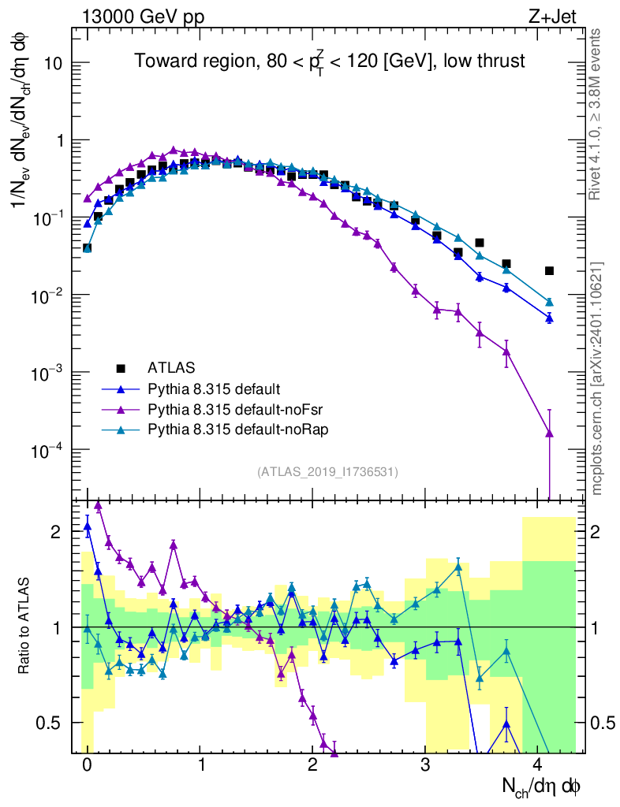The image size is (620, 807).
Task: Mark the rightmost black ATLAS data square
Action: click(550, 271)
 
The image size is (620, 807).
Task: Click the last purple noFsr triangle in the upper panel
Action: click(550, 433)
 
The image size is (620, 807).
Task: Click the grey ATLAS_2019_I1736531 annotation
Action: click(327, 472)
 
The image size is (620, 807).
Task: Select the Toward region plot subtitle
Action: click(329, 61)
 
